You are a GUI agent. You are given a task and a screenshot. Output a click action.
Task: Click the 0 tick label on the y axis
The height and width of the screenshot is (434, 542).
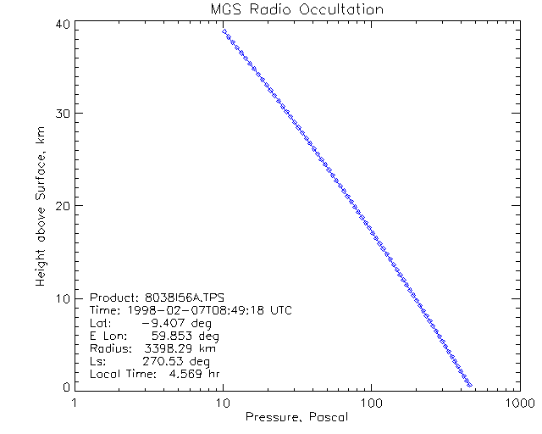pos(64,387)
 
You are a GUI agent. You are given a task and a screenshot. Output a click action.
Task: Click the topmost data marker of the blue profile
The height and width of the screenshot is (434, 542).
pos(224,31)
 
